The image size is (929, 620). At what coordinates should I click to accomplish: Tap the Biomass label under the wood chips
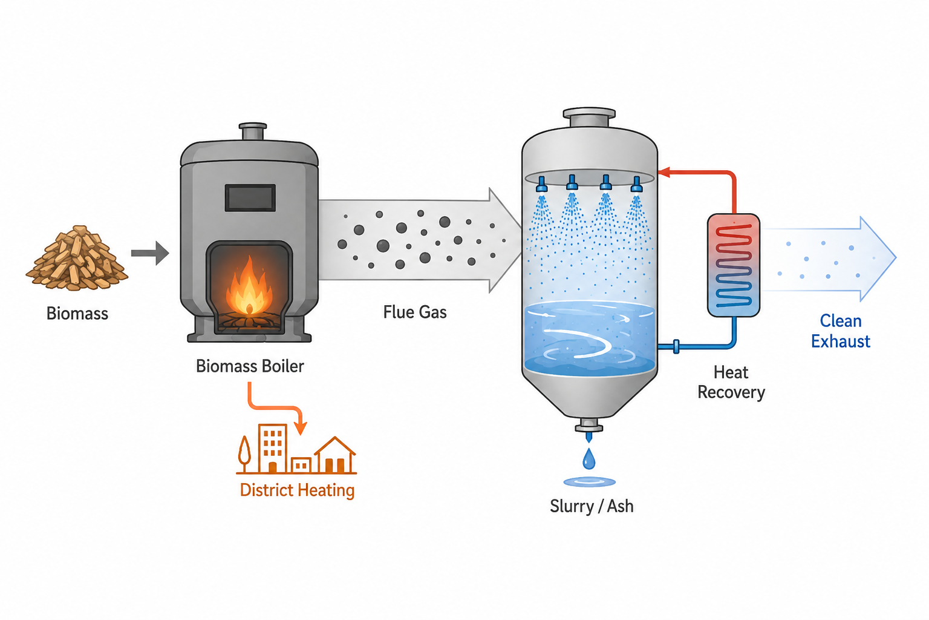pos(77,314)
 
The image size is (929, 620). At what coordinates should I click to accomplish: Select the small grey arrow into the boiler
pos(150,253)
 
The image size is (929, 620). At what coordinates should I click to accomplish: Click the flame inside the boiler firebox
pos(249,286)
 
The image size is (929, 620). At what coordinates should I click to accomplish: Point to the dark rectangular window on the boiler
pos(250,197)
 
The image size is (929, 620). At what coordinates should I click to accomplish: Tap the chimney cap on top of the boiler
pos(253,131)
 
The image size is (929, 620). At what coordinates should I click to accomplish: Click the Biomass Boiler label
pos(250,366)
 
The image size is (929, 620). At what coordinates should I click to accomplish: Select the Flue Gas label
pos(415,312)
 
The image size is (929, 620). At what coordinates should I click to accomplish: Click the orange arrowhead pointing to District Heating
pos(302,427)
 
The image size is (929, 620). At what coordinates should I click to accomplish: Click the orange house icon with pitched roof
pos(335,455)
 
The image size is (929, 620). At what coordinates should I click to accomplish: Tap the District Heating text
pos(297,490)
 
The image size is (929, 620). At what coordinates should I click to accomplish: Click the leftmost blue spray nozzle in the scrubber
pos(541,184)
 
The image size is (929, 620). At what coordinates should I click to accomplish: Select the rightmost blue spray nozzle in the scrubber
pos(637,184)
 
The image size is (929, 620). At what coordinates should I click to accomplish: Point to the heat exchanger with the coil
pos(733,265)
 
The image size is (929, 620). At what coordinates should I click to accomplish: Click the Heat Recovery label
pos(731,383)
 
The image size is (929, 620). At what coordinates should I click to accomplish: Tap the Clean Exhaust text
pos(841,331)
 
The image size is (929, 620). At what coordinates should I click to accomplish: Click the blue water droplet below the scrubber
pos(589,458)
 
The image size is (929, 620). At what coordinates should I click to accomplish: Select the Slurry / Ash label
pos(592,507)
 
